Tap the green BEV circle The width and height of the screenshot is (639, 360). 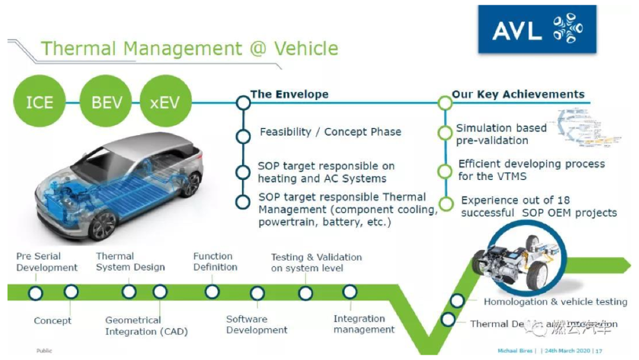[x=106, y=102]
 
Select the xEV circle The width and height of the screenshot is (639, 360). [x=166, y=102]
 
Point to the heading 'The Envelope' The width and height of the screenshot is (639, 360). [x=289, y=94]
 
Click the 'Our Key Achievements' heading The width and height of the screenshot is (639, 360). [x=518, y=94]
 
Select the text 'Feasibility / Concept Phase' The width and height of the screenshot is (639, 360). [x=330, y=131]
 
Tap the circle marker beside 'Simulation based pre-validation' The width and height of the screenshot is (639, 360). [x=445, y=134]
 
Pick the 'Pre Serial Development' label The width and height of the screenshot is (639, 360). [x=47, y=262]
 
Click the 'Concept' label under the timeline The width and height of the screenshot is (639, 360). [x=53, y=320]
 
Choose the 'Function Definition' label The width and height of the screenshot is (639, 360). [x=215, y=262]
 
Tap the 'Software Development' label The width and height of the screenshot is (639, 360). [x=257, y=324]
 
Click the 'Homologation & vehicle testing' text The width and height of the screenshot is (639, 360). [x=555, y=302]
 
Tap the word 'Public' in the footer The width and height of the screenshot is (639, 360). [x=44, y=351]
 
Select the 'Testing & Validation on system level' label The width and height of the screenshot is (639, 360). [x=316, y=262]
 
